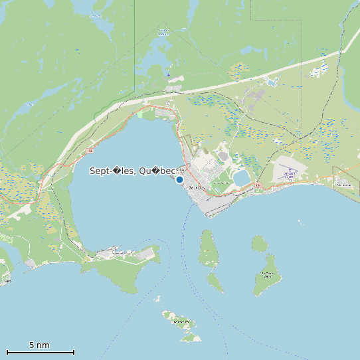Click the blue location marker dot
179,179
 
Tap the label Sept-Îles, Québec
133,171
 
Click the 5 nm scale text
39,345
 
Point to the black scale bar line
40,352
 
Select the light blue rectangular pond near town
241,177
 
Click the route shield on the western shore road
89,151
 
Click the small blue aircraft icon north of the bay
168,74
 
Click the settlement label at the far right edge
344,183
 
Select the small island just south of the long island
215,282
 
